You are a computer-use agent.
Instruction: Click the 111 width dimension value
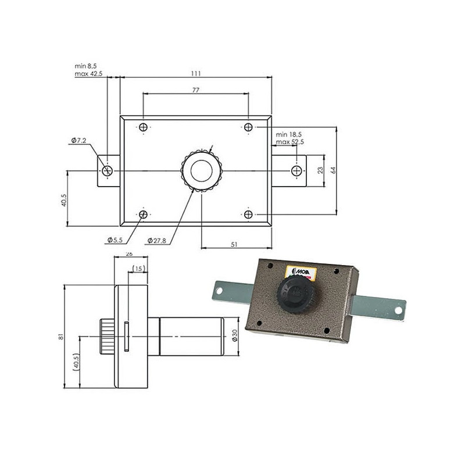[x=195, y=73]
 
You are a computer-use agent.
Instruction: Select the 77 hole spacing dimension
[x=195, y=90]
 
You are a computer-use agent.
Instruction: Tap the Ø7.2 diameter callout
[x=79, y=141]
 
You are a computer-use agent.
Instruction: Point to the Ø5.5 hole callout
[x=115, y=239]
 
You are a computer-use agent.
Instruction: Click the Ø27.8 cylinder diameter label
[x=158, y=239]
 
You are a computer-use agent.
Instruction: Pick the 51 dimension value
[x=234, y=245]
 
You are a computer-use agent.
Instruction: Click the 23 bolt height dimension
[x=319, y=170]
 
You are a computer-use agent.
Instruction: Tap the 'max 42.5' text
[x=88, y=74]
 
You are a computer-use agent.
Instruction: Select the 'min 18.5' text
[x=290, y=134]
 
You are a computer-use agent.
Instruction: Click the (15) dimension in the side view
[x=138, y=268]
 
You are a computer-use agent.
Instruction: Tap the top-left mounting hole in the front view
[x=144, y=127]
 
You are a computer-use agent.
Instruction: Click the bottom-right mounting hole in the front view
[x=248, y=214]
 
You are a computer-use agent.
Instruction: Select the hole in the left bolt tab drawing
[x=107, y=171]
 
